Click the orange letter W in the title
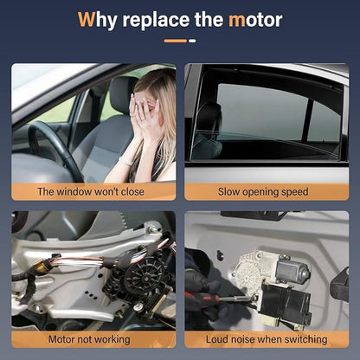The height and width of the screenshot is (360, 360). [86, 19]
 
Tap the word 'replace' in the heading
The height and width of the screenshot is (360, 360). [157, 21]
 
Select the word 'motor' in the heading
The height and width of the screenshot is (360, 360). [255, 20]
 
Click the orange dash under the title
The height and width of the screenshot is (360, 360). [176, 41]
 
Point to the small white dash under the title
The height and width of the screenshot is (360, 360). [192, 41]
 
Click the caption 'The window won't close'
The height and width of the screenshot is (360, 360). [91, 191]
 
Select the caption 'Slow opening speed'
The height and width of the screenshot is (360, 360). [263, 192]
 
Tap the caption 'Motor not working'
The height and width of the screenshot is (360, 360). [89, 339]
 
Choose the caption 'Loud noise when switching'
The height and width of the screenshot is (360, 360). [267, 339]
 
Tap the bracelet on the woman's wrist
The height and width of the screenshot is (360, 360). [125, 161]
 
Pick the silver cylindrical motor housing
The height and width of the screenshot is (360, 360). [292, 270]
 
